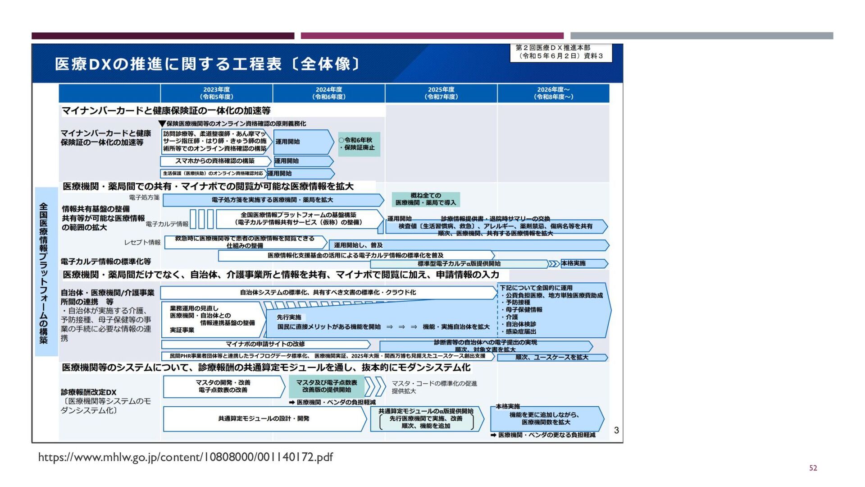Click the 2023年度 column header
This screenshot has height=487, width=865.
pos(216,93)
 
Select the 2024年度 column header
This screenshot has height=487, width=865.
pos(329,93)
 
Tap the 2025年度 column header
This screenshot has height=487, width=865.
pos(441,93)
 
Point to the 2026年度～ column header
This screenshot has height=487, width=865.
pos(553,93)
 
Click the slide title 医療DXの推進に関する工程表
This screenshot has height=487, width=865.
pos(207,64)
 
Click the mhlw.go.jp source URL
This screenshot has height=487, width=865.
pos(185,457)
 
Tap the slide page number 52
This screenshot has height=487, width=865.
pos(813,468)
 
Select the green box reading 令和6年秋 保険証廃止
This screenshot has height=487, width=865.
pos(359,144)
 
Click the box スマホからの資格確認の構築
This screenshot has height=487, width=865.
pos(215,161)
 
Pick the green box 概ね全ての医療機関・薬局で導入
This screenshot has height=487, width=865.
pos(426,199)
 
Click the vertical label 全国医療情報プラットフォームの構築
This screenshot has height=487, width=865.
pos(44,273)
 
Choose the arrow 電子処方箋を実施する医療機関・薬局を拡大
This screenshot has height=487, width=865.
pos(272,200)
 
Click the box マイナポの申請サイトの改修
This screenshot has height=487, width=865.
pos(265,344)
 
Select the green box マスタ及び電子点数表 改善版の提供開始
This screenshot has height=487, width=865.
pos(327,386)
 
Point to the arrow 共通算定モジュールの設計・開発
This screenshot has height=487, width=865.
pos(264,418)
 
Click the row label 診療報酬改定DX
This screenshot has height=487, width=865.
pos(89,392)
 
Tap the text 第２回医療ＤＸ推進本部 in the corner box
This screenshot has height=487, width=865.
pos(553,48)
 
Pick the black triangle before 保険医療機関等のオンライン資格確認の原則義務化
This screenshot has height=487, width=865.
pos(162,124)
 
